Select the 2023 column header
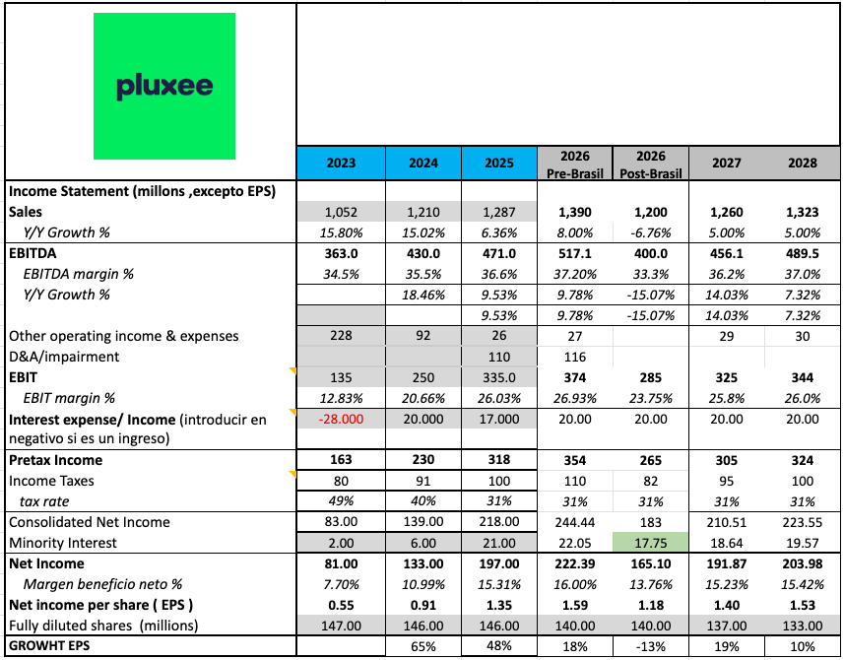pos(341,163)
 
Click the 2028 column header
pos(802,163)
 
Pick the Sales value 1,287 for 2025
pos(499,213)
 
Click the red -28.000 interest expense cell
pos(341,420)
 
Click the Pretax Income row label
pos(55,460)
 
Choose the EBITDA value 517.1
pos(575,253)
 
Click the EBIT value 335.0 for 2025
pos(499,377)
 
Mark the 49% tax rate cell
pos(341,501)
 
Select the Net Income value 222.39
pos(575,563)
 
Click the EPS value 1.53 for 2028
pos(802,605)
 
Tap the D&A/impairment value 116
pos(575,357)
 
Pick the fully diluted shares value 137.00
pos(727,626)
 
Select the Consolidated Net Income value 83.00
pos(341,522)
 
